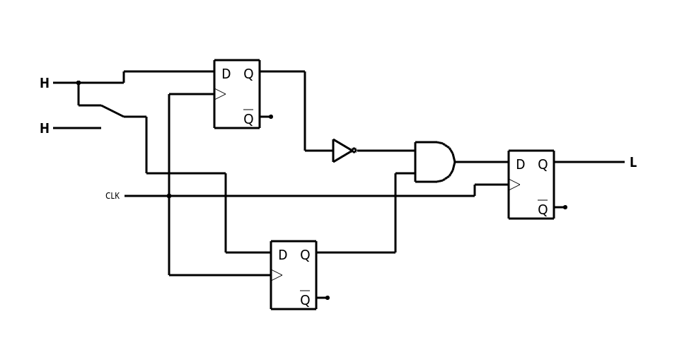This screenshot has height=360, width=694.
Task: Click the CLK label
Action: [112, 196]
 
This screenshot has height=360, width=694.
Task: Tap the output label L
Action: [632, 163]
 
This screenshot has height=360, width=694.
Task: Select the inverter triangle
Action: [342, 151]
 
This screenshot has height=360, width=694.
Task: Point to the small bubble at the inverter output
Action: [354, 151]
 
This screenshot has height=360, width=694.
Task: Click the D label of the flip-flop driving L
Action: [520, 165]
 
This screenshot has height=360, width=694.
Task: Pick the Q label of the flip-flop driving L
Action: [543, 165]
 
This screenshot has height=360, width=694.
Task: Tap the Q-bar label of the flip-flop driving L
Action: [543, 209]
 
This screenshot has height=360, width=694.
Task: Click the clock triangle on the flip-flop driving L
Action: [514, 185]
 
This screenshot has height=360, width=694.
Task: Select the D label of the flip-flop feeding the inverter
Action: [226, 74]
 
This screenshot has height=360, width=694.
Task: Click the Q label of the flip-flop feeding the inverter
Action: [248, 74]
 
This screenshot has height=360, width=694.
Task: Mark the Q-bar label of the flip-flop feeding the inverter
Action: [248, 119]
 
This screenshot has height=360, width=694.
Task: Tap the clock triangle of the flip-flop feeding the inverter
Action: [220, 94]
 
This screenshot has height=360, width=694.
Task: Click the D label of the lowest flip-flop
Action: [282, 255]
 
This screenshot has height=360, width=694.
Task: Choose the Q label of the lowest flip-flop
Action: [305, 255]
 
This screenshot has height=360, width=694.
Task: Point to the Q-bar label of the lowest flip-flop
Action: [305, 300]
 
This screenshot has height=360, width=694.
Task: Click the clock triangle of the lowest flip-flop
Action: [277, 275]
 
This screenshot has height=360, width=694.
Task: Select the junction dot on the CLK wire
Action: [169, 196]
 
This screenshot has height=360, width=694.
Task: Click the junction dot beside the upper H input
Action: [79, 83]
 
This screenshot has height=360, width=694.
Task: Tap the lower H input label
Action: [45, 129]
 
